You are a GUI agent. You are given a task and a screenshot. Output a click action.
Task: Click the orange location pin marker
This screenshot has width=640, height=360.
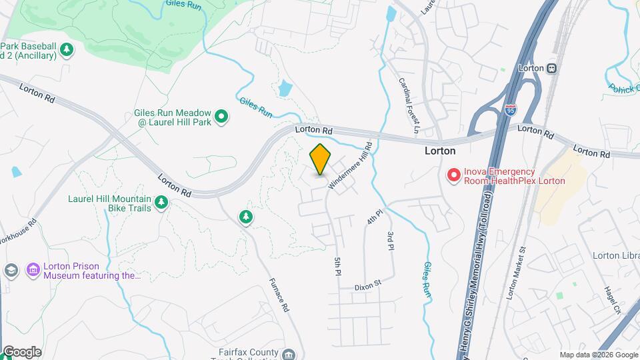click(321, 159)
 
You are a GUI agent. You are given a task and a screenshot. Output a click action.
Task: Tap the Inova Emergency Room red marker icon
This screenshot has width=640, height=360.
click(454, 175)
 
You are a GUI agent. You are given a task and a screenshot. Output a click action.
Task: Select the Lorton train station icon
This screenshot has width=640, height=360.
click(551, 68)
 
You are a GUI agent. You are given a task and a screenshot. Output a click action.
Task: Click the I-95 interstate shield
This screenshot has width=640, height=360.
click(510, 110)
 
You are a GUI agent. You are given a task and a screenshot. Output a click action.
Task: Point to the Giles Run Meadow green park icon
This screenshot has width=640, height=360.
click(223, 118)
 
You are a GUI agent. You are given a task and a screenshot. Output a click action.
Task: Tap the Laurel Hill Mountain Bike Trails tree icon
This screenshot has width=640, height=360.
click(161, 202)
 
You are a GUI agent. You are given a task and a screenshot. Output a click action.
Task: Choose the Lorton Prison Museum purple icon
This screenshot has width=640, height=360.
click(33, 269)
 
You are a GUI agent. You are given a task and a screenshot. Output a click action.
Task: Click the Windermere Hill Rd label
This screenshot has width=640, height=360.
click(350, 164)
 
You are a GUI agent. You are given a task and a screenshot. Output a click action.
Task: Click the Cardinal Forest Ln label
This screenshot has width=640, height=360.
click(408, 104)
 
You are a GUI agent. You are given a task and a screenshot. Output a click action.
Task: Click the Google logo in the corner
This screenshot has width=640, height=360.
click(21, 352)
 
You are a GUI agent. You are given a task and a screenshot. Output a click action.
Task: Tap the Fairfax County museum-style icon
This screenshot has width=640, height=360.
click(288, 353)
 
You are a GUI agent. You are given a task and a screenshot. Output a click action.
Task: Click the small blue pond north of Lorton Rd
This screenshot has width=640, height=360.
click(285, 87)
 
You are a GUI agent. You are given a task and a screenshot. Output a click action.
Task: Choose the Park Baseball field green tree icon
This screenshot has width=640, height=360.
click(66, 49)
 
